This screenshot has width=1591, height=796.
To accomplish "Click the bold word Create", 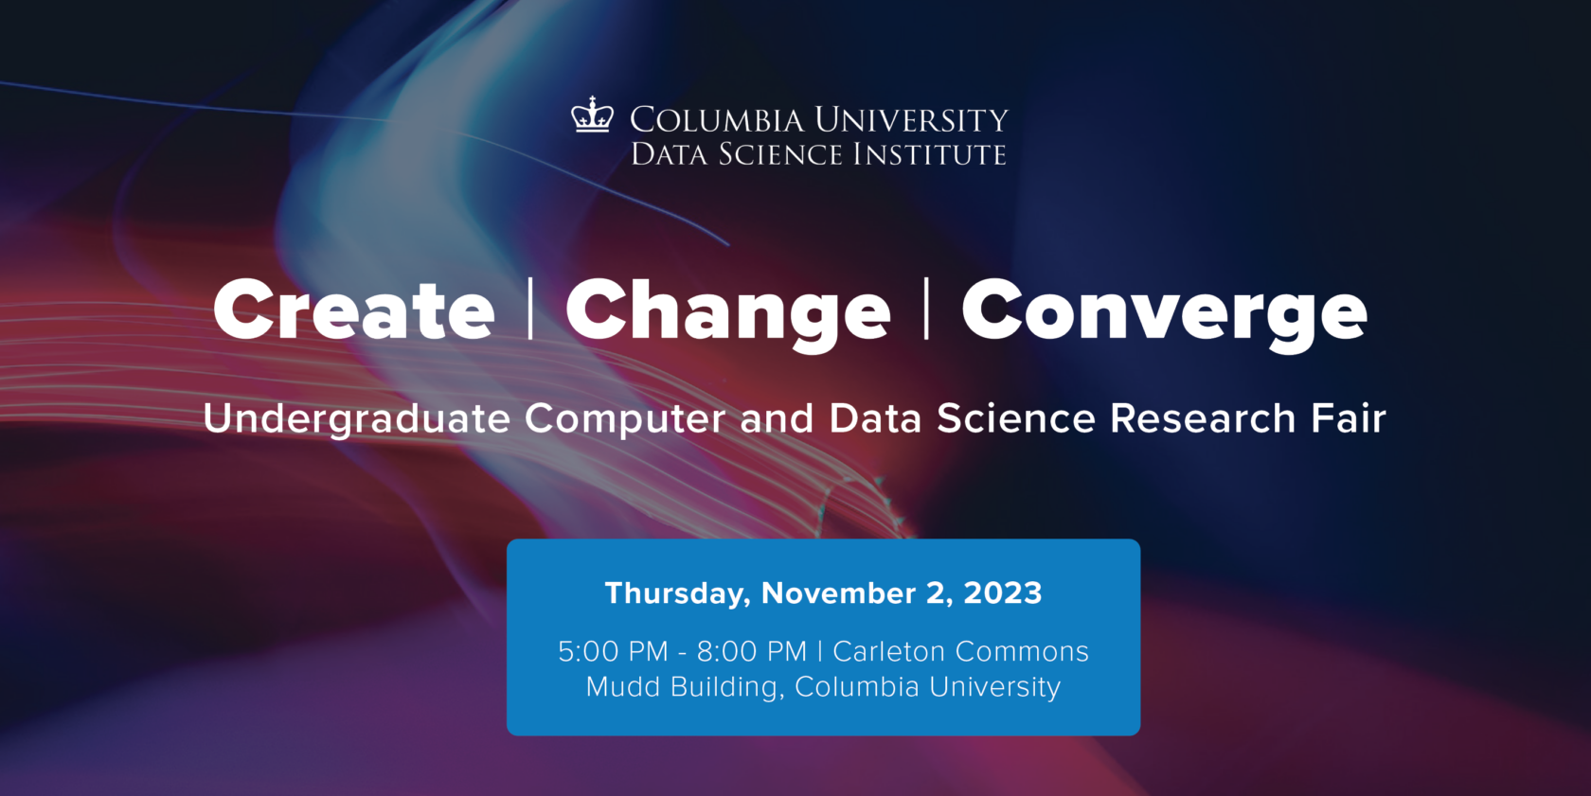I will (x=354, y=310).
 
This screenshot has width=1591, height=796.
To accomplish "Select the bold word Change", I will (x=727, y=311).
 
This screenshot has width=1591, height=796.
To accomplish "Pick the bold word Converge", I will (x=1164, y=311).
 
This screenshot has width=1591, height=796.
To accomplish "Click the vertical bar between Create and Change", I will (x=530, y=309).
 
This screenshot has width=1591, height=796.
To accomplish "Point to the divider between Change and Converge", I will (x=926, y=309).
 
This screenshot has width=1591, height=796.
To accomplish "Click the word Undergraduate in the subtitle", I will (x=357, y=419).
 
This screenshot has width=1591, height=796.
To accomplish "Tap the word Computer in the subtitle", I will (x=625, y=419).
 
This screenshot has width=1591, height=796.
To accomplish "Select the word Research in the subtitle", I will (x=1203, y=418).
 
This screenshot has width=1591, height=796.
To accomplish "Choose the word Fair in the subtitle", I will (x=1349, y=418).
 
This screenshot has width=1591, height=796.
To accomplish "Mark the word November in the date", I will (x=838, y=593).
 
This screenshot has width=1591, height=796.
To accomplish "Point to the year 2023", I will (x=1003, y=593).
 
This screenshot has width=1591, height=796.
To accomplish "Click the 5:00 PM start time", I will (x=613, y=652).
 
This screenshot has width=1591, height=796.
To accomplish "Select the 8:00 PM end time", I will (x=752, y=652).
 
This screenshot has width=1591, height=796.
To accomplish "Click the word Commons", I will (x=1022, y=652).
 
